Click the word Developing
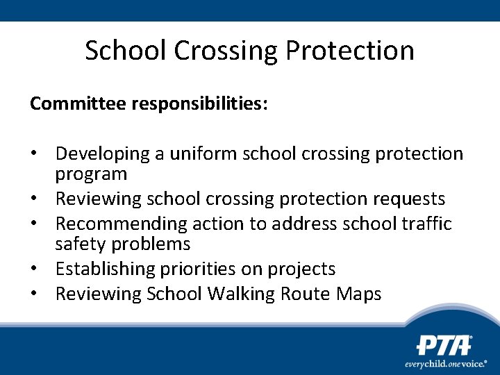point(103,153)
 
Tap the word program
point(92,174)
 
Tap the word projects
point(305,269)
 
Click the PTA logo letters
point(444,345)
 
